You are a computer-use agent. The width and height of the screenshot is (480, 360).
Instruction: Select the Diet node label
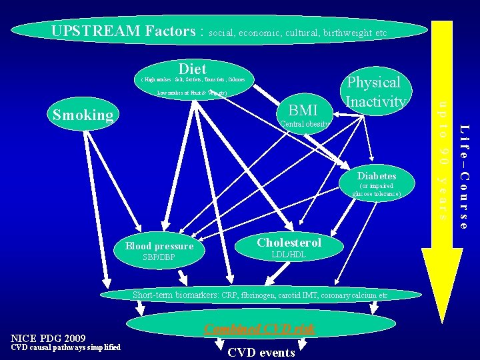[x=192, y=69]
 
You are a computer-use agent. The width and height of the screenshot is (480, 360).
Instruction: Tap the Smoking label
[x=83, y=115]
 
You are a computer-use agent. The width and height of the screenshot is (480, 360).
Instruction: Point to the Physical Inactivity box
[x=374, y=92]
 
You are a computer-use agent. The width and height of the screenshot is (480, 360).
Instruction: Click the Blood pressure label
[x=159, y=246]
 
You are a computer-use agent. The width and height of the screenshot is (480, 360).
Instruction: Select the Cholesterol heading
[x=289, y=243]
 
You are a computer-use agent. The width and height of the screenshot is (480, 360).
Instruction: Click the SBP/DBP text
[x=159, y=257]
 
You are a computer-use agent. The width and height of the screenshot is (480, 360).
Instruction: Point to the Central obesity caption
[x=305, y=124]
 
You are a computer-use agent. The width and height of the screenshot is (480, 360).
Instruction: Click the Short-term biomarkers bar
[x=259, y=295]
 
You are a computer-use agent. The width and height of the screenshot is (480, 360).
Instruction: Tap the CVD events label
[x=261, y=352]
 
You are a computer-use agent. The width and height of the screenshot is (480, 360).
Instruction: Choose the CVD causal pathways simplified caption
[x=65, y=347]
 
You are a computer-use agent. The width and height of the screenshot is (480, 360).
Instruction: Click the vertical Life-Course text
[x=464, y=176]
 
